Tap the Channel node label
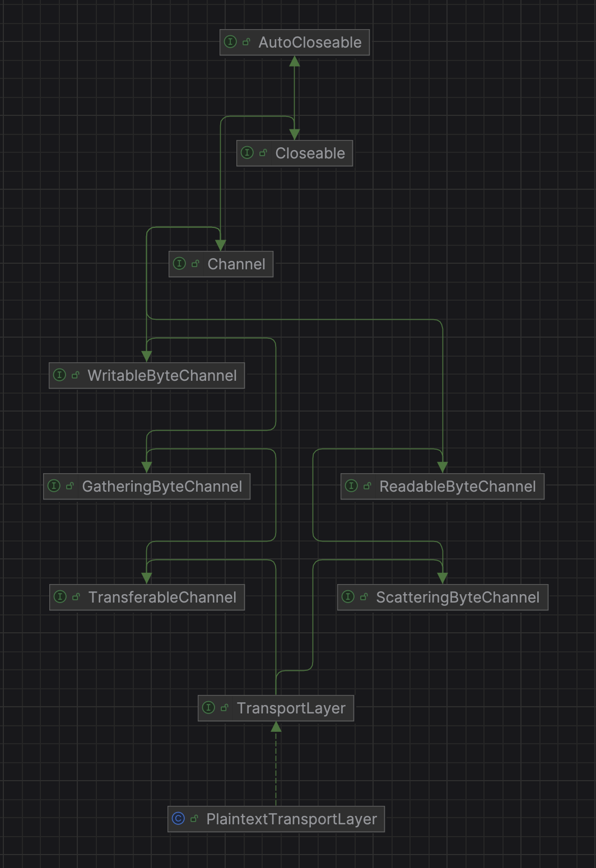[x=236, y=264]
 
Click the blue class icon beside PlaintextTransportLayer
[x=178, y=819]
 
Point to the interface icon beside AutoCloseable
[x=230, y=42]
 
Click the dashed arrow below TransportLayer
[x=276, y=767]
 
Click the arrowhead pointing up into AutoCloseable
[x=294, y=61]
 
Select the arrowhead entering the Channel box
[x=221, y=246]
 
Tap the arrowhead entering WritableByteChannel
[x=147, y=357]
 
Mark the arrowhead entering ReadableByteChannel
[x=443, y=468]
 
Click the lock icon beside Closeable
[x=263, y=153]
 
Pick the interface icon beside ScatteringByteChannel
[x=348, y=597]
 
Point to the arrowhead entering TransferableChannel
[x=147, y=578]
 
